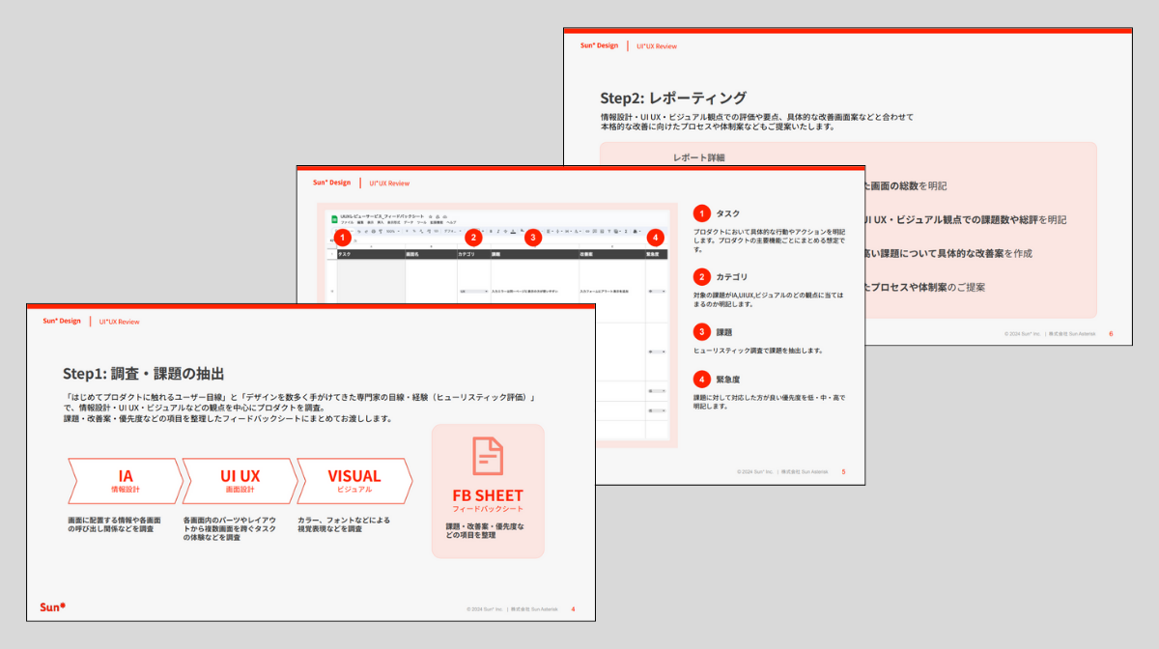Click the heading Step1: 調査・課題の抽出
coord(144,374)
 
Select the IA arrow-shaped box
coord(126,481)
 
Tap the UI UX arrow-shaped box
coord(240,481)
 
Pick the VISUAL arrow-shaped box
coord(354,481)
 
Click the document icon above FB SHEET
coord(488,457)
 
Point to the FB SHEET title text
coord(488,496)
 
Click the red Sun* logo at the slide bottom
coord(52,607)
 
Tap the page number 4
coord(574,609)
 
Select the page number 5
coord(843,472)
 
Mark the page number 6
coord(1112,334)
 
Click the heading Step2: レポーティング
coord(673,98)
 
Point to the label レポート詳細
coord(698,157)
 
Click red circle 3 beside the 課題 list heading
coord(702,330)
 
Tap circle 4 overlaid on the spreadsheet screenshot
coord(656,237)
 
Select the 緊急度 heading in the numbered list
coord(728,380)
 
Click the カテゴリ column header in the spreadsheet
coord(468,255)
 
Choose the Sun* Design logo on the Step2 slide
coord(599,45)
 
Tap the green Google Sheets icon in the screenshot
coord(334,219)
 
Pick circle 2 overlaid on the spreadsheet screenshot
coord(472,237)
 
